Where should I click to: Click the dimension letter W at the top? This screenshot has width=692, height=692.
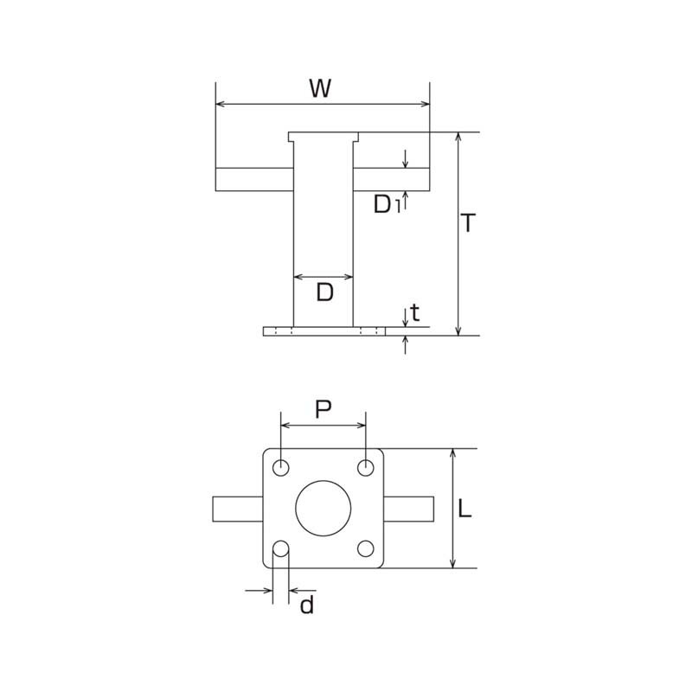(320, 88)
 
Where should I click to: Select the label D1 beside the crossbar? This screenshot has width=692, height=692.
(387, 204)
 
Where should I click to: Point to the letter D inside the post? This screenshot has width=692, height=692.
(325, 292)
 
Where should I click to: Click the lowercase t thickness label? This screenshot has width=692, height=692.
(414, 312)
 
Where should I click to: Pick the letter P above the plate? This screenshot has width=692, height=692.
(324, 409)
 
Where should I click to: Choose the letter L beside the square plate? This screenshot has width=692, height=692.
(465, 508)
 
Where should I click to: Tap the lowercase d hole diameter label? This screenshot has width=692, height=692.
(307, 604)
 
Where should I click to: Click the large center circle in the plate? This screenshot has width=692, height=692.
(323, 509)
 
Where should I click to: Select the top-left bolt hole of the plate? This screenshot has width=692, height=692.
(280, 467)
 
